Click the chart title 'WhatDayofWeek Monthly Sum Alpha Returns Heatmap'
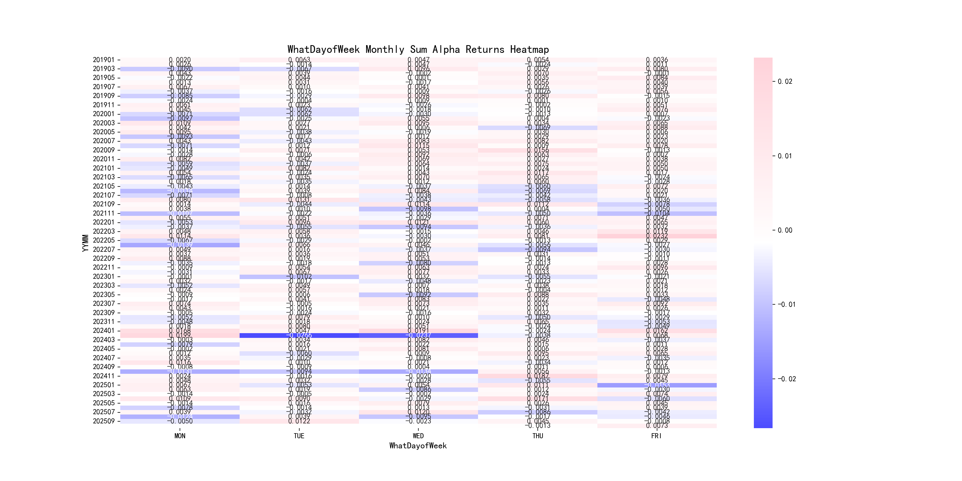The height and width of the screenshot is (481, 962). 418,49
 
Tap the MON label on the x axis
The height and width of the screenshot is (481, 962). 180,436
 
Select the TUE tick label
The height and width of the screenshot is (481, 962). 299,436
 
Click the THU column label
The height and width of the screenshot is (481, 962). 537,436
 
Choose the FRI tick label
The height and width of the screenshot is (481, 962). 656,436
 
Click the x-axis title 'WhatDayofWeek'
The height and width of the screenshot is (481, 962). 418,446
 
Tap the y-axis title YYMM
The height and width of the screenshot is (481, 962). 86,243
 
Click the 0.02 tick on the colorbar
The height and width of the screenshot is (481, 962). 785,81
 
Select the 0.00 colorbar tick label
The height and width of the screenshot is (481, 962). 785,230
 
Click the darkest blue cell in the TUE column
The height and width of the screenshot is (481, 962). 299,335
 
